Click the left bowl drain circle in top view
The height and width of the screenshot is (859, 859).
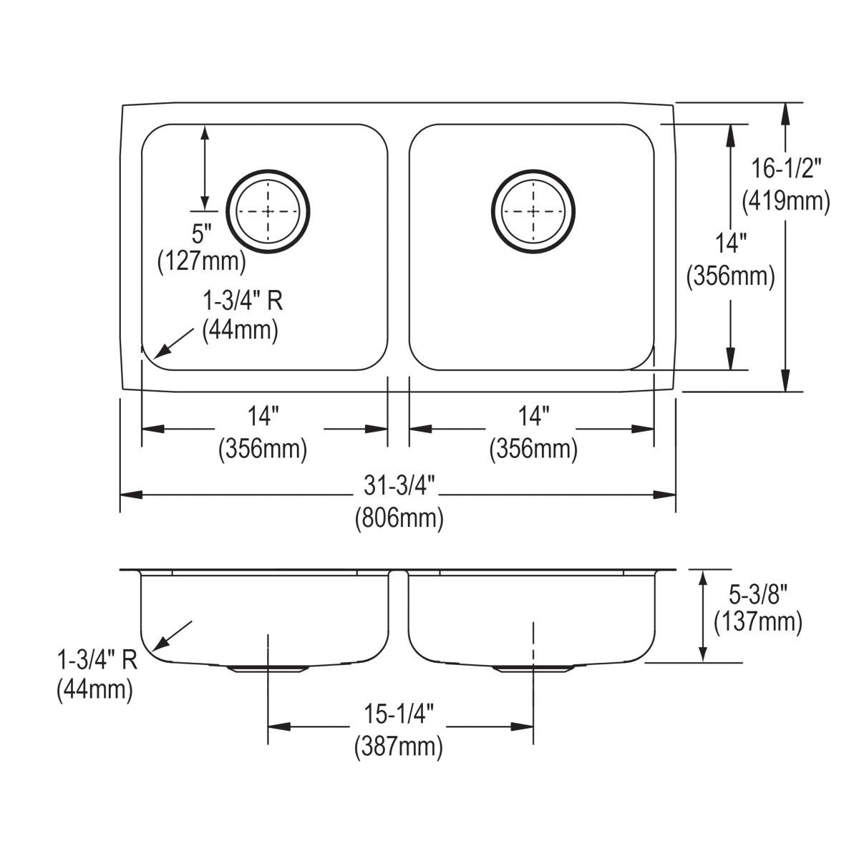268,211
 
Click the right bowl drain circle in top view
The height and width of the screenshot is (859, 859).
533,211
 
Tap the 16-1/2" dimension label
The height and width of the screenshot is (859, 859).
786,169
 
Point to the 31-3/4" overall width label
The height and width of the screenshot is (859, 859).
399,486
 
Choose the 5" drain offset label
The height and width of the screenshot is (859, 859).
203,233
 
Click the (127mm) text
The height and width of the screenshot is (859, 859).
202,261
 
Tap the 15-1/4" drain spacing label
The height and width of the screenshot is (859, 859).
399,715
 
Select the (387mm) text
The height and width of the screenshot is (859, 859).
399,747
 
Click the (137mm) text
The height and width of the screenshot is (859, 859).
758,622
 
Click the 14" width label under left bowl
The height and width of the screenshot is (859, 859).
263,415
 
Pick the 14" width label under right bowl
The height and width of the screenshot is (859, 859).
533,415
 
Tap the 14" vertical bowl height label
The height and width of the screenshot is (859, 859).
731,244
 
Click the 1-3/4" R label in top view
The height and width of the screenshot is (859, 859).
242,301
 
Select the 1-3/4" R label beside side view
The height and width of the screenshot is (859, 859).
97,659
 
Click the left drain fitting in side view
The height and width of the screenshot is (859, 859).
268,669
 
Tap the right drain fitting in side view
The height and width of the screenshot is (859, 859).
533,669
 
